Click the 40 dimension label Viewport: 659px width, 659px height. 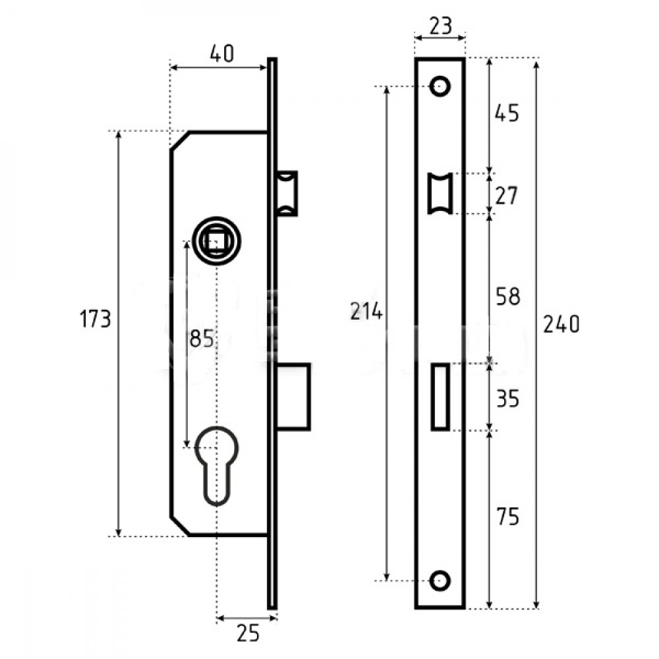point(222,53)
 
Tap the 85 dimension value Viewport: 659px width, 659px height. point(202,338)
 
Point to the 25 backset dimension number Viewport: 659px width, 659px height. point(248,633)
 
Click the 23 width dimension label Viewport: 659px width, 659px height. point(440,26)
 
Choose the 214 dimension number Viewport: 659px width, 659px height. point(366,312)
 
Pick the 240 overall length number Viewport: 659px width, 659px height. point(561,324)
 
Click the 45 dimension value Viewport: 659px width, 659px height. point(507,113)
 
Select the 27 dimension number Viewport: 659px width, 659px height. point(506,196)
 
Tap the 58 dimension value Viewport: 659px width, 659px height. point(508,297)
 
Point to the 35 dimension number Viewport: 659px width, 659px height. point(507,399)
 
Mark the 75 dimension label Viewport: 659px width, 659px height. point(507,517)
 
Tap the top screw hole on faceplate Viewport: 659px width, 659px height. point(440,86)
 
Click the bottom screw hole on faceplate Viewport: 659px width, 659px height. point(440,581)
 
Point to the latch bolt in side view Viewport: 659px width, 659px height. point(287,193)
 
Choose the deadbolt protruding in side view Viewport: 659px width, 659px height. point(293,397)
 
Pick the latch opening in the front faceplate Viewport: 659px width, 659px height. point(440,193)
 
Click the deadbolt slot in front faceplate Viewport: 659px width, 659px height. point(440,397)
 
